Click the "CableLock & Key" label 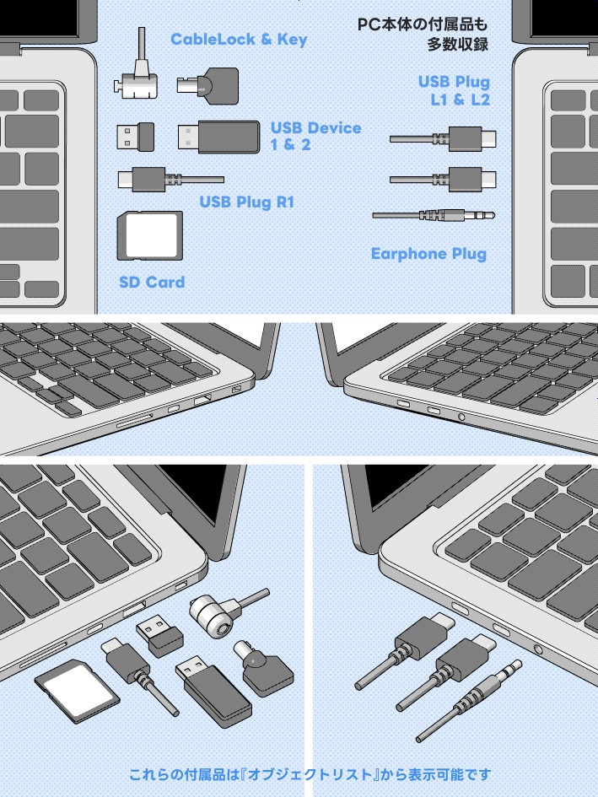tap(239, 40)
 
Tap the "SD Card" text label tap(152, 282)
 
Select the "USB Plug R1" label tap(245, 202)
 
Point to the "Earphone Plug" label tap(428, 254)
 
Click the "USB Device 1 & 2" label tap(315, 136)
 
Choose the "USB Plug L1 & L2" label tap(454, 91)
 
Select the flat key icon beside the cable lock tap(207, 85)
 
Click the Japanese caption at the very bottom tap(310, 773)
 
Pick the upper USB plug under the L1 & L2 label tap(444, 137)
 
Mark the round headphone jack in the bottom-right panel tap(539, 648)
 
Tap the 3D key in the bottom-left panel tap(264, 668)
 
